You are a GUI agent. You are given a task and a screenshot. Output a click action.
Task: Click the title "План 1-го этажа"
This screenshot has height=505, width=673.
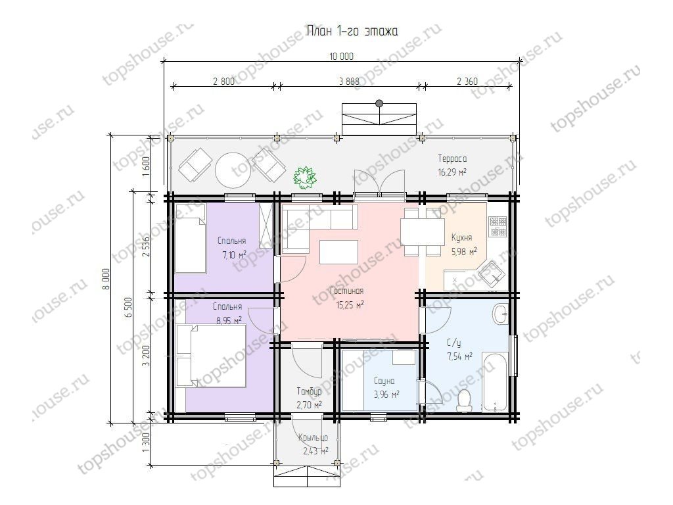(x=352, y=32)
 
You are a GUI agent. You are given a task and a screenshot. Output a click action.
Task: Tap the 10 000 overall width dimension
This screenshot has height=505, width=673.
(x=341, y=57)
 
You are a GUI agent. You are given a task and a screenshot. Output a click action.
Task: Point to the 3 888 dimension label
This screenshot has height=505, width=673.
(x=349, y=81)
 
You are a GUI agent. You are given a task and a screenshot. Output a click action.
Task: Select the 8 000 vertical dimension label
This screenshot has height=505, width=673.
(x=106, y=279)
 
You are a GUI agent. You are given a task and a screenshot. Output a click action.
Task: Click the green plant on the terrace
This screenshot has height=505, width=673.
(x=305, y=176)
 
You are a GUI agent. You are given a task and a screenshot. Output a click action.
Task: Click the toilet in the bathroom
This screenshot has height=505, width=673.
(x=463, y=400)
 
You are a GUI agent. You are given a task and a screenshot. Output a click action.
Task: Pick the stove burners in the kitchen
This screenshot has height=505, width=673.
(x=498, y=226)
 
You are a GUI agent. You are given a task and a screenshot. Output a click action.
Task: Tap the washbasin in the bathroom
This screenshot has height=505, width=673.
(x=500, y=314)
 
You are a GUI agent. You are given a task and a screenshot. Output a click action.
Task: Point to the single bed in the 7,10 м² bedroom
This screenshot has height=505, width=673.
(x=191, y=238)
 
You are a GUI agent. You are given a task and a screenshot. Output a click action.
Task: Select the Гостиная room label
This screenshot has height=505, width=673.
(x=347, y=291)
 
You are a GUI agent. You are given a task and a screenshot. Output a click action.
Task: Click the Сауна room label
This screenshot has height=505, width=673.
(x=384, y=381)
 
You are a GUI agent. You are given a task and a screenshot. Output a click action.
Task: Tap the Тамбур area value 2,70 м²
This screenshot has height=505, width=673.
(x=309, y=404)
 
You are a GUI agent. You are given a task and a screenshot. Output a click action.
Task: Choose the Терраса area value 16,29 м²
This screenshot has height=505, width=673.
(x=452, y=172)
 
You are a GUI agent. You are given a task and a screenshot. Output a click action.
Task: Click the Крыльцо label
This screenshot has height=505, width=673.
(x=313, y=437)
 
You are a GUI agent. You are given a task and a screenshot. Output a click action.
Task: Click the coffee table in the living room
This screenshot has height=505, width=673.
(x=338, y=252)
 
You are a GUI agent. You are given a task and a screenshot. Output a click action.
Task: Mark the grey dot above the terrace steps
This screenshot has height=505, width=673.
(x=379, y=103)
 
